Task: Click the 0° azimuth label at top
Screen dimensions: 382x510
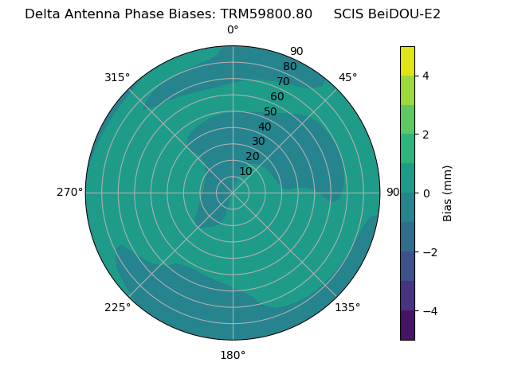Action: point(233,30)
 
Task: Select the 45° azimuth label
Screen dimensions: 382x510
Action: point(347,77)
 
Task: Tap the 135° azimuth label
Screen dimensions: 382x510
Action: point(347,307)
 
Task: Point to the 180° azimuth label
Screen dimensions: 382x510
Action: point(233,355)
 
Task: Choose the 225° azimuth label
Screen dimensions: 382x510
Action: point(117,307)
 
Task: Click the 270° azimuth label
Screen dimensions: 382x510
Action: point(69,193)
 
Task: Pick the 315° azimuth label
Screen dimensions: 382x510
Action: point(117,77)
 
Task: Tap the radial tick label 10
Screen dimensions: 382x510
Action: point(245,171)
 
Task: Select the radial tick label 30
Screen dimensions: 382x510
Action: point(258,141)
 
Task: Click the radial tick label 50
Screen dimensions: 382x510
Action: point(271,111)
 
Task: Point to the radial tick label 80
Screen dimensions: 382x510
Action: point(290,67)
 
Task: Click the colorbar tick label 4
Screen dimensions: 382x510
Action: point(426,76)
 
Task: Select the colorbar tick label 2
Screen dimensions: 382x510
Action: point(426,134)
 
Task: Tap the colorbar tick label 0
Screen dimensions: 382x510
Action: point(426,193)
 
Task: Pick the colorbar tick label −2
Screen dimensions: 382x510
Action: point(430,252)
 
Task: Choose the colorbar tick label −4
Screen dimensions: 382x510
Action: point(430,311)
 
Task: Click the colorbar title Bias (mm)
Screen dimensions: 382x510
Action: point(448,193)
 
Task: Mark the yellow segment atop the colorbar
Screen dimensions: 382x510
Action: point(407,60)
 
